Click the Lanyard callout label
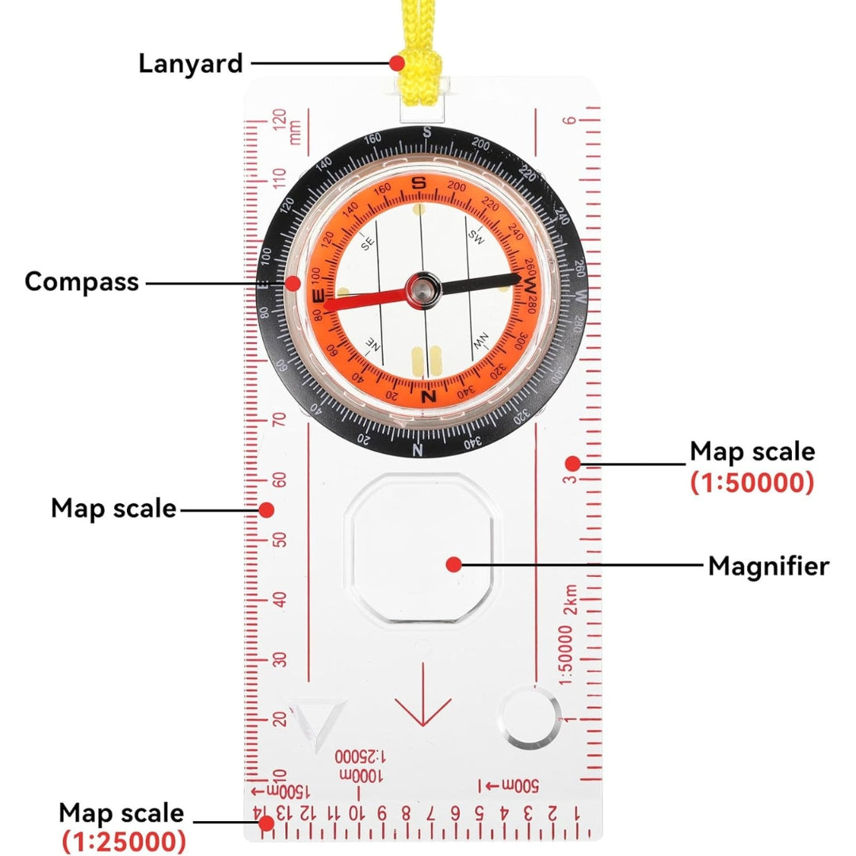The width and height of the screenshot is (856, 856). [190, 63]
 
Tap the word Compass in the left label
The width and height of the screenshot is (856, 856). [82, 281]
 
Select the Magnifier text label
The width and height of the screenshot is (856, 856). [768, 566]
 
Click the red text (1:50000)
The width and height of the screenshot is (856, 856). [751, 483]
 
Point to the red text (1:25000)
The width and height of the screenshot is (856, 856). [124, 840]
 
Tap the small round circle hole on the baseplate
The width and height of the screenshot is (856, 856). [530, 717]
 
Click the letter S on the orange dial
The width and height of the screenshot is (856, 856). [420, 183]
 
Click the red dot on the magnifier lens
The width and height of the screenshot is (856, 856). [453, 565]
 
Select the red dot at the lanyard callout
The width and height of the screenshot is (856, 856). [398, 63]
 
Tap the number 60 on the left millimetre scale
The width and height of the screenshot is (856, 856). [279, 480]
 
